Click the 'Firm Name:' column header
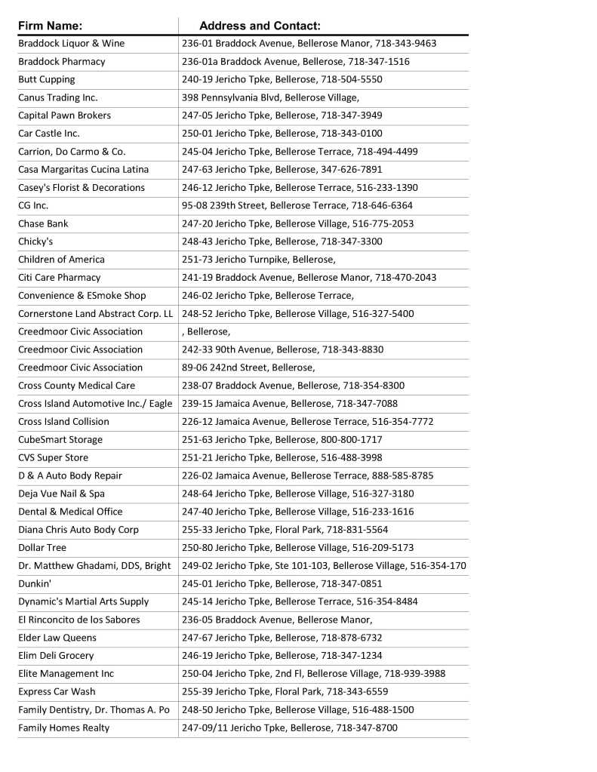pyautogui.click(x=51, y=26)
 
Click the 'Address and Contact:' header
pyautogui.click(x=260, y=26)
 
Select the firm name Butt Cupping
pyautogui.click(x=47, y=79)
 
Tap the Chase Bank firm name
pyautogui.click(x=43, y=223)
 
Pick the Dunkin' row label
pyautogui.click(x=35, y=583)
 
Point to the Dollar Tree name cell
pyautogui.click(x=42, y=547)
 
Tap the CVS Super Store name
pyautogui.click(x=53, y=457)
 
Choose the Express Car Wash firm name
pyautogui.click(x=57, y=691)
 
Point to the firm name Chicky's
pyautogui.click(x=35, y=241)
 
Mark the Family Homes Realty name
pyautogui.click(x=63, y=727)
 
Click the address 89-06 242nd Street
pyautogui.click(x=248, y=368)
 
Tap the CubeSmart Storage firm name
pyautogui.click(x=60, y=439)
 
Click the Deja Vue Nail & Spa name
pyautogui.click(x=61, y=494)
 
